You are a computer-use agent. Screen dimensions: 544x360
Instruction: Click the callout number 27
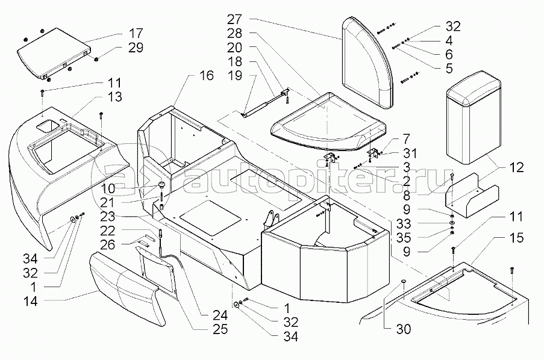pyautogui.click(x=234, y=19)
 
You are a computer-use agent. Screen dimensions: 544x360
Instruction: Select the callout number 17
pyautogui.click(x=136, y=33)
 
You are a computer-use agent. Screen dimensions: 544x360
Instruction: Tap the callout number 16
pyautogui.click(x=207, y=75)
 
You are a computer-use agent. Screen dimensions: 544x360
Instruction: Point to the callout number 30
pyautogui.click(x=404, y=329)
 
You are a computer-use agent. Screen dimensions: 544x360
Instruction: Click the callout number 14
pyautogui.click(x=30, y=301)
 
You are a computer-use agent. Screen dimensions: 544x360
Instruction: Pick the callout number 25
pyautogui.click(x=220, y=329)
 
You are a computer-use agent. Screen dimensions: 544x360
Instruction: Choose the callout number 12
pyautogui.click(x=516, y=167)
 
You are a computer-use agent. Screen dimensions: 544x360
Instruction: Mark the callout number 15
pyautogui.click(x=516, y=238)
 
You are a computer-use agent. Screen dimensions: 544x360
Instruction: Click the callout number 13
pyautogui.click(x=114, y=97)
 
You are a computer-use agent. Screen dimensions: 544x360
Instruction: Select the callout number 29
pyautogui.click(x=136, y=48)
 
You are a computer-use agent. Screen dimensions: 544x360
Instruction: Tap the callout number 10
pyautogui.click(x=108, y=188)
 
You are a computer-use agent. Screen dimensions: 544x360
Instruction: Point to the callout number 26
pyautogui.click(x=107, y=244)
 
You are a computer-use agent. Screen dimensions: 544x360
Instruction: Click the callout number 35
pyautogui.click(x=404, y=238)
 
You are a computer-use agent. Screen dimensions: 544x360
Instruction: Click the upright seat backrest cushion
pyautogui.click(x=368, y=63)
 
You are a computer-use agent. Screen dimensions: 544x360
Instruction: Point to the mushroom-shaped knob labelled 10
pyautogui.click(x=161, y=185)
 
